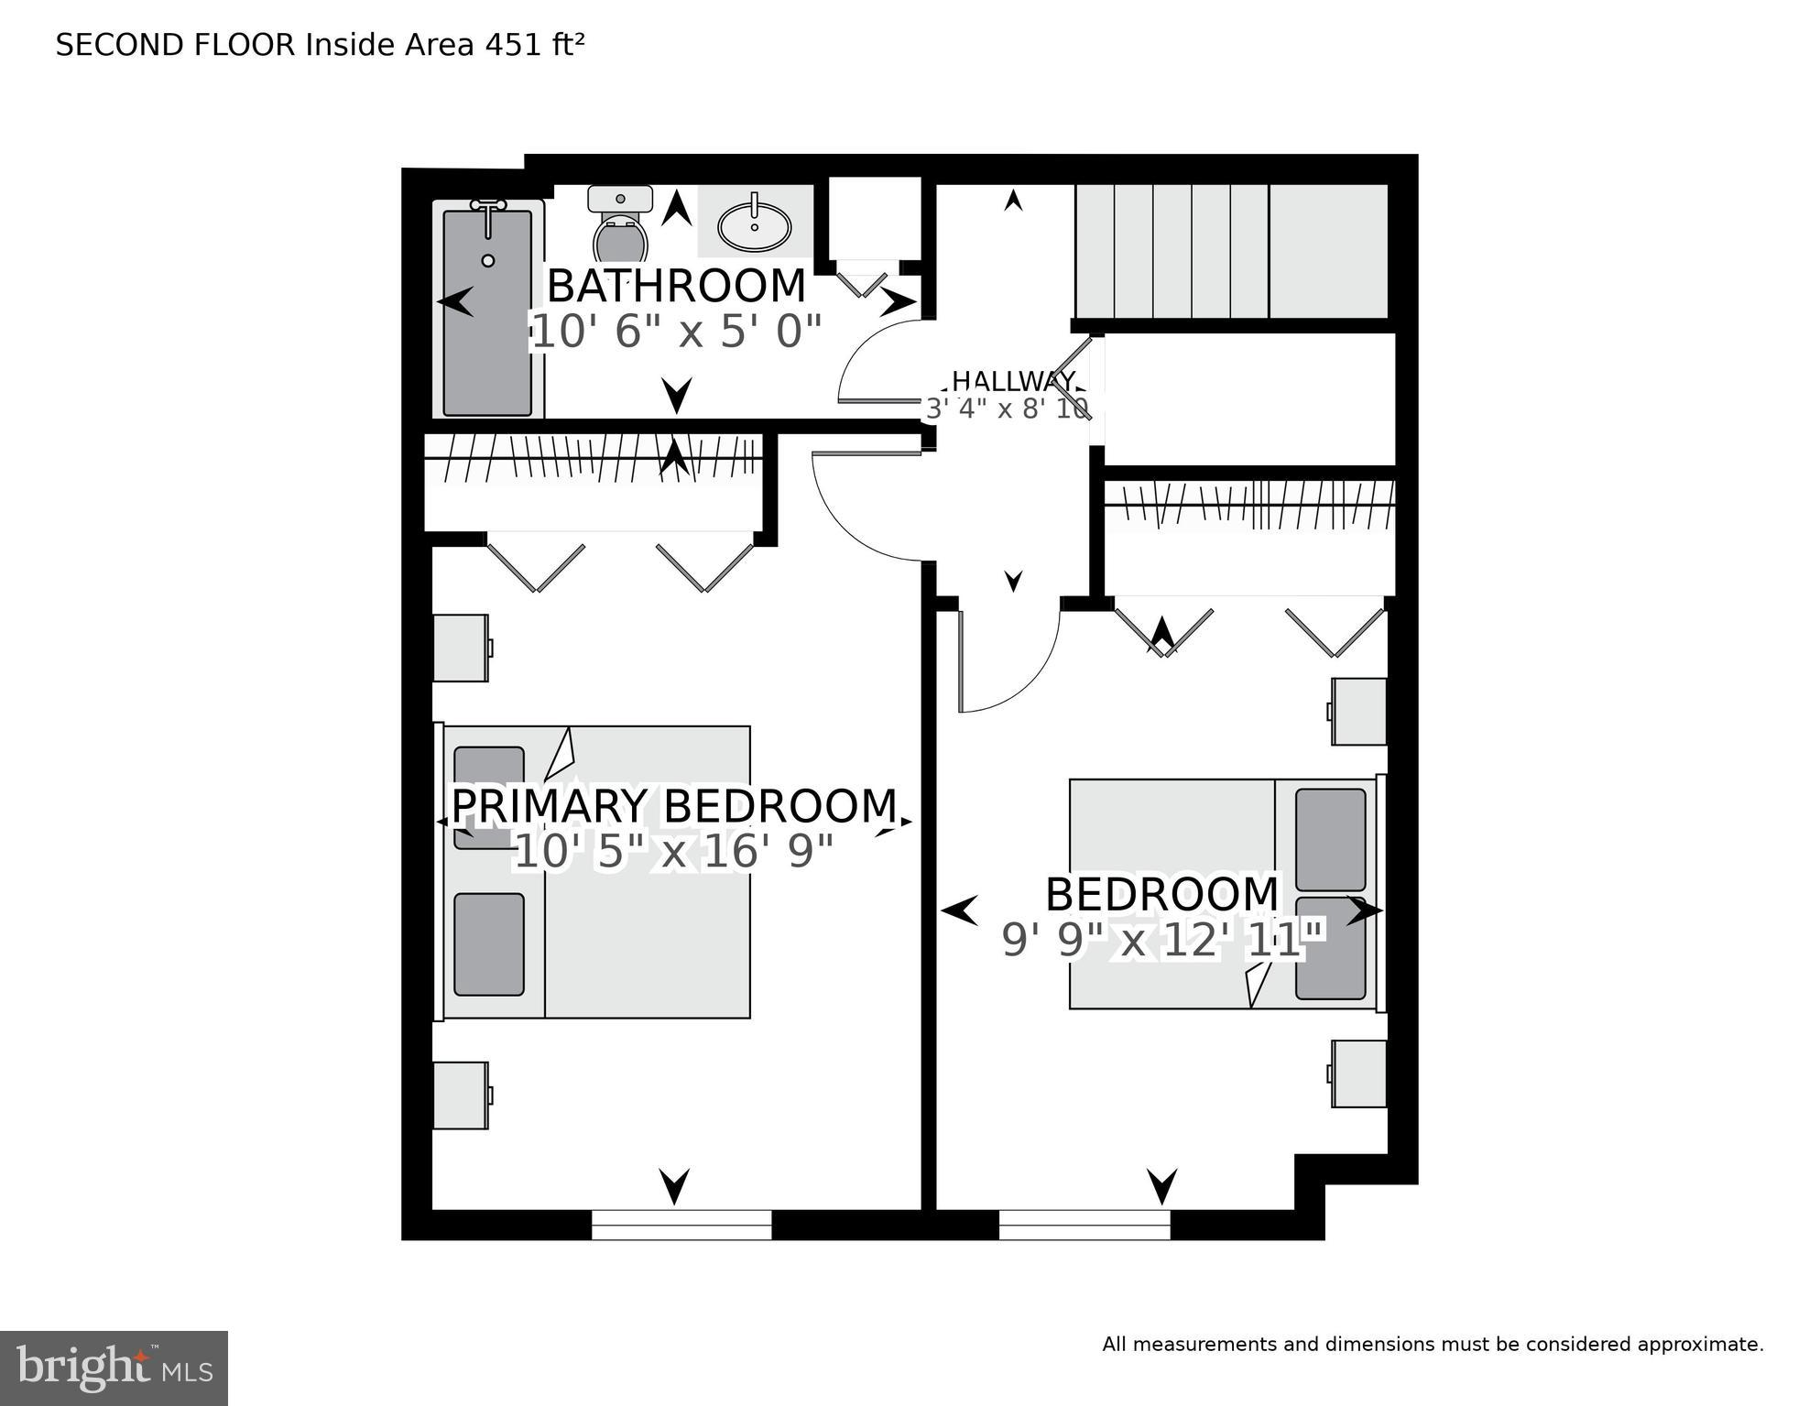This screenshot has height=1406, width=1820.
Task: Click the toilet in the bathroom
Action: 620,229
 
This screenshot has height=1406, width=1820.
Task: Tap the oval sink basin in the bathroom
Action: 754,225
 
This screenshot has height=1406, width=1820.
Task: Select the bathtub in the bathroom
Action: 487,311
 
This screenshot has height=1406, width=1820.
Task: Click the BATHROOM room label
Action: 676,287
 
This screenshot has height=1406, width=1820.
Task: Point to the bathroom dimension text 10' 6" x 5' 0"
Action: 676,332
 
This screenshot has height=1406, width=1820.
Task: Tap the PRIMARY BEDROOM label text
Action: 674,806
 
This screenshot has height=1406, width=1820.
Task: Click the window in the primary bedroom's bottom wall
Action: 681,1224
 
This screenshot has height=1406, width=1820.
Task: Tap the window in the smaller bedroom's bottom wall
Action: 1084,1224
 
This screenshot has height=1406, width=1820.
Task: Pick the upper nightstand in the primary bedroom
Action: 460,648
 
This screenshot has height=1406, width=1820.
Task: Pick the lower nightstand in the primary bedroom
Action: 460,1095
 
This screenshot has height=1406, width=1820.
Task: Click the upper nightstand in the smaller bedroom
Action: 1359,711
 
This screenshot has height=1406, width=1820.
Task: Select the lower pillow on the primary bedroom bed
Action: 489,943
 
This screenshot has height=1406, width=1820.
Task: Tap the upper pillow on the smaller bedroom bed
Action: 1330,838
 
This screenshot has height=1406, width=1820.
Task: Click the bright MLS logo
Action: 114,1368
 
